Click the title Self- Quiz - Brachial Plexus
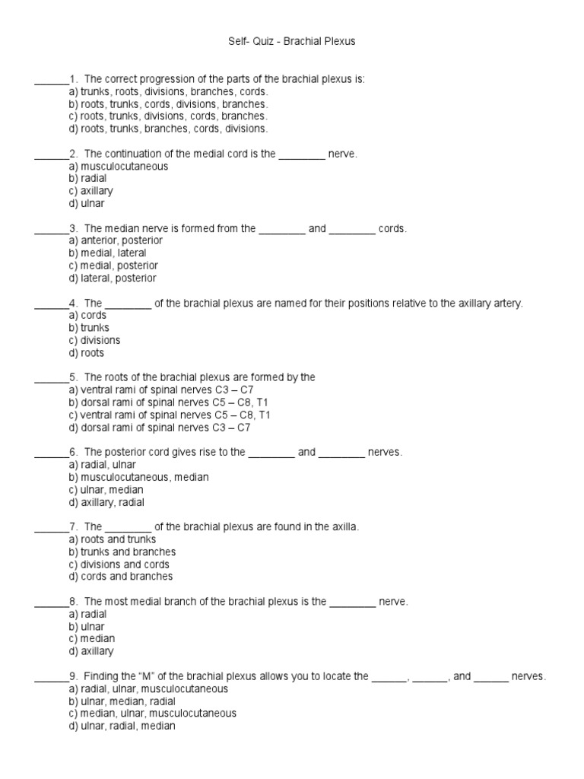(x=292, y=42)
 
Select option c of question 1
(x=168, y=116)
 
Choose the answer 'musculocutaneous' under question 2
(x=119, y=166)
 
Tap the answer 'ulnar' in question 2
(x=87, y=203)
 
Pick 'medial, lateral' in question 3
(x=107, y=253)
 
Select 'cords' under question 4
(x=87, y=315)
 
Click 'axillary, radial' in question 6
(x=106, y=502)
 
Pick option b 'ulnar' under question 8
(x=87, y=626)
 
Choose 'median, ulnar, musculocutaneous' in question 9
(x=152, y=714)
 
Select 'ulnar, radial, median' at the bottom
(x=122, y=726)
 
